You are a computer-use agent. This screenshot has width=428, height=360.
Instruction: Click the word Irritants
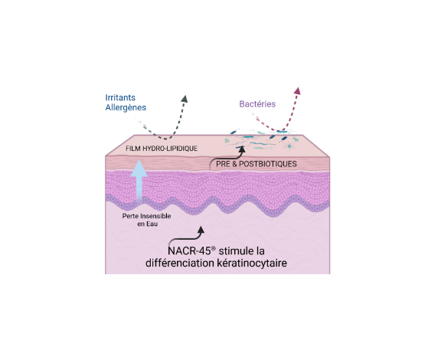click(120, 97)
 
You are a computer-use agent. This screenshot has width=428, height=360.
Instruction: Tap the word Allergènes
click(126, 108)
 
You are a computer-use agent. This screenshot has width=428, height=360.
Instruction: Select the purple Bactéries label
click(257, 104)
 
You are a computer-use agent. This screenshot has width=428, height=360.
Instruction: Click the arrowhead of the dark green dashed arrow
click(185, 99)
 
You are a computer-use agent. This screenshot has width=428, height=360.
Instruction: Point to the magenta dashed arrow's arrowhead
click(297, 91)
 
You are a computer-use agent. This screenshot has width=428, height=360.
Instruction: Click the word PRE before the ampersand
click(223, 164)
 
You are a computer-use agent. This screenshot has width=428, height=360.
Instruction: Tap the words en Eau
click(148, 224)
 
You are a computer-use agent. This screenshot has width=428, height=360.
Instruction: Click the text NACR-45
click(189, 251)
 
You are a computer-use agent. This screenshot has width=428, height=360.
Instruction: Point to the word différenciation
click(180, 263)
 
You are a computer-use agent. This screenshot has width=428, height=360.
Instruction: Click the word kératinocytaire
click(252, 263)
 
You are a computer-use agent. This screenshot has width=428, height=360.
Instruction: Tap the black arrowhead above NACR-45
click(201, 230)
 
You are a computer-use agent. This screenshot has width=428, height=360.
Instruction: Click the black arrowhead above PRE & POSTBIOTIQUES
click(242, 149)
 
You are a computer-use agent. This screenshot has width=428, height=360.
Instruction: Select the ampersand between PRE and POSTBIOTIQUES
click(234, 164)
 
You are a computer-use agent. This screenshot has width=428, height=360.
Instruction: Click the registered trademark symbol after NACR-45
click(214, 248)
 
